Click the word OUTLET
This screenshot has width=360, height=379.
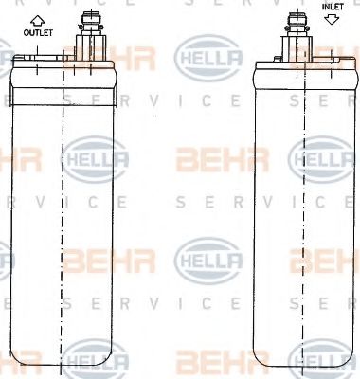tap(38, 32)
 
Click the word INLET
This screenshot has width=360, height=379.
tap(333, 7)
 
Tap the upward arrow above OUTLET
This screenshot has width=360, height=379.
tap(38, 21)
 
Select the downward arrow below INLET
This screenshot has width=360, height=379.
tap(332, 19)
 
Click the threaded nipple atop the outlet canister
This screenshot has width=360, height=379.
tap(91, 23)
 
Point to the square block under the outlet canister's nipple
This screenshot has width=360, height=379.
tap(90, 47)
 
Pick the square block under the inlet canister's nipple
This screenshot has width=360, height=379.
tap(297, 48)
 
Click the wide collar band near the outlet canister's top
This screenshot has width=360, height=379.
tap(63, 97)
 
